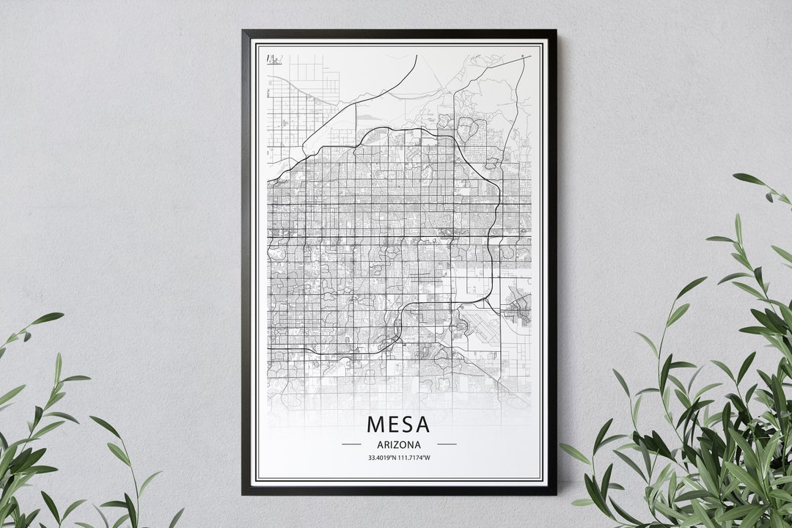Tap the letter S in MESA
coord(406,424)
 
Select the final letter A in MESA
coord(422,424)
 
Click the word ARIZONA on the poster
coord(399,444)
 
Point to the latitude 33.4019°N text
coord(384,458)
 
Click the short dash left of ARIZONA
coord(351,444)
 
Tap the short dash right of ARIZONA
coord(447,444)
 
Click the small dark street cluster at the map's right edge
coord(519,308)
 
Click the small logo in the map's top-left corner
coord(274,59)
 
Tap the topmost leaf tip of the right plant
coord(736,176)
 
